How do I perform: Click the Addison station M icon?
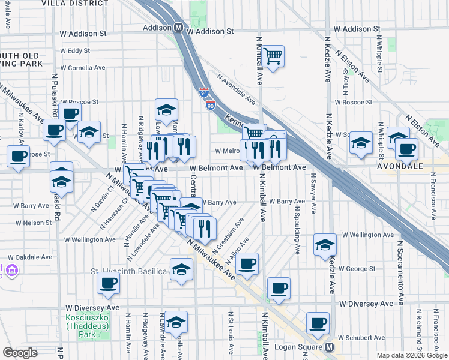coord(178,28)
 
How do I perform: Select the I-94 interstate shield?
coord(203,93)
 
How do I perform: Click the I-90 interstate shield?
coord(210,106)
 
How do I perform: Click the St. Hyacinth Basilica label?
coord(128,272)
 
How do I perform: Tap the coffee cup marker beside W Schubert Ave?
coord(318,323)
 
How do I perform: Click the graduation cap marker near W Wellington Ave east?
coord(325,245)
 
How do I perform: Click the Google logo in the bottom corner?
coord(20,353)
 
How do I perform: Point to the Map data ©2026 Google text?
coord(412,356)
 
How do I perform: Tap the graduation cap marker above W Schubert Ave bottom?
coord(176,323)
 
